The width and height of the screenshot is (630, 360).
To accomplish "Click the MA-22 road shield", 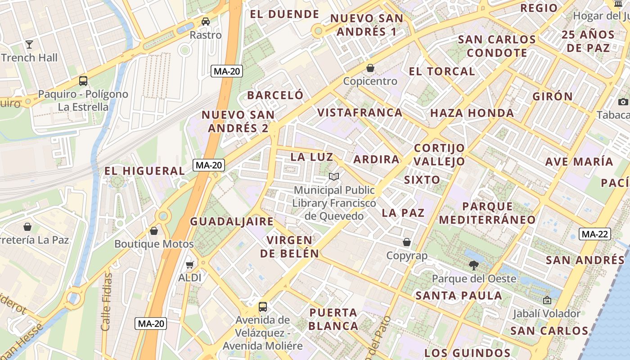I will tap(594, 234).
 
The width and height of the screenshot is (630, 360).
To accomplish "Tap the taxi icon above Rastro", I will tap(205, 21).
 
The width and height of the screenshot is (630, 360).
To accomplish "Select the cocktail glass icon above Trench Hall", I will tap(29, 44).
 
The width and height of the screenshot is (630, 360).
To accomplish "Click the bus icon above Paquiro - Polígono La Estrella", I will tap(83, 81).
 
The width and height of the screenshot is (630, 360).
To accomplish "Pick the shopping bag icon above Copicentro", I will tap(370, 68).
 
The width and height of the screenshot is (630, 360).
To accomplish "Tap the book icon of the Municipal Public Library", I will tap(334, 176).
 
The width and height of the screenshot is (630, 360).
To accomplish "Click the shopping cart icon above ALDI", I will tap(190, 265).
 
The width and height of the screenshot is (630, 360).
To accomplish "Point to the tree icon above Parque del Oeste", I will tap(473, 265).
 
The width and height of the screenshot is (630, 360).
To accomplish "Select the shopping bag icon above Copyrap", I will tap(407, 242).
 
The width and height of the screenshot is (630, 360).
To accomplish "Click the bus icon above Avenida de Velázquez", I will tap(262, 307).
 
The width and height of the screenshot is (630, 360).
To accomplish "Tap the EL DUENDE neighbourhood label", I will tap(284, 14).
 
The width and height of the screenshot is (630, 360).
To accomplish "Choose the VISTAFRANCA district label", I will tap(360, 112).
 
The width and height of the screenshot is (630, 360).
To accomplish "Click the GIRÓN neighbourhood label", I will tap(553, 96).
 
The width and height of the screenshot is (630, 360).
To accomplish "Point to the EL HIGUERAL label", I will tap(144, 171).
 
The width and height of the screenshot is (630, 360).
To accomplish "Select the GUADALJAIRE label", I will tap(232, 221).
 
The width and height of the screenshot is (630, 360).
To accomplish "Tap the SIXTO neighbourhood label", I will tap(422, 180).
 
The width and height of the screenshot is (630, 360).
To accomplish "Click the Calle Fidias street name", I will tap(107, 301).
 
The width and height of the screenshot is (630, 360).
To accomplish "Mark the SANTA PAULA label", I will tap(459, 296).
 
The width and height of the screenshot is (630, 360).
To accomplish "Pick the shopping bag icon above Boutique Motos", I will tap(154, 231).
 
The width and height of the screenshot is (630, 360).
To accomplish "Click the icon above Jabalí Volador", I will tap(547, 300).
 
